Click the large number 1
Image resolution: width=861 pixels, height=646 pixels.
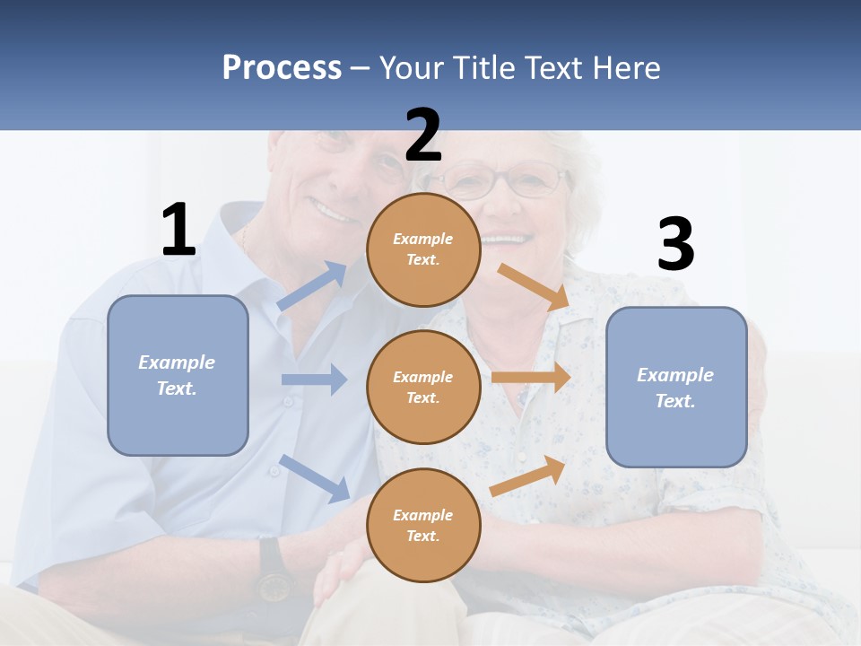(178, 231)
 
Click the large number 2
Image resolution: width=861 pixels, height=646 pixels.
(423, 135)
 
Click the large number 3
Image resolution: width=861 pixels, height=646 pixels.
(675, 246)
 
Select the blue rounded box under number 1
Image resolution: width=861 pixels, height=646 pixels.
(178, 375)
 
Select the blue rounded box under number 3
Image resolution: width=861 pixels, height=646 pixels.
(676, 387)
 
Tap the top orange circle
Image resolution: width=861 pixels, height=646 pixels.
(423, 249)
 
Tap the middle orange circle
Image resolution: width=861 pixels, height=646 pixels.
(423, 387)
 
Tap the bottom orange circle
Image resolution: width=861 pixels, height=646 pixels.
(423, 525)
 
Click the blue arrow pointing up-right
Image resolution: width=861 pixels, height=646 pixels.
(312, 286)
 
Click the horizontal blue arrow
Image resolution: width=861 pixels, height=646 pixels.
(314, 380)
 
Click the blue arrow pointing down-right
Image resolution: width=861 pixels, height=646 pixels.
(314, 477)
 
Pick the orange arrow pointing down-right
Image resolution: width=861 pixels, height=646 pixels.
(534, 287)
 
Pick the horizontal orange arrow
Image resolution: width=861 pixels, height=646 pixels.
(531, 377)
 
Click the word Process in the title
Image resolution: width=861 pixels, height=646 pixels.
(282, 68)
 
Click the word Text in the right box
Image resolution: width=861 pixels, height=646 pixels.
(674, 401)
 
